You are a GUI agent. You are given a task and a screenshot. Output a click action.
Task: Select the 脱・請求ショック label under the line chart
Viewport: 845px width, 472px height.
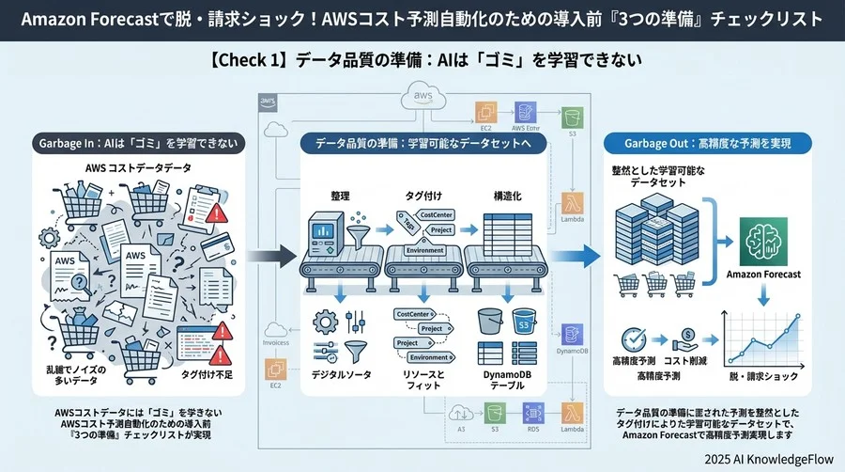pyautogui.click(x=758, y=376)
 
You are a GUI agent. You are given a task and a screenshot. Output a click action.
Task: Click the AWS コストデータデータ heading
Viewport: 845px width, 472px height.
pyautogui.click(x=138, y=167)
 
